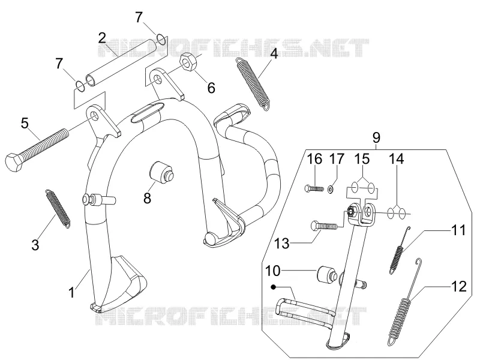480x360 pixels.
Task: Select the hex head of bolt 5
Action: tap(14, 161)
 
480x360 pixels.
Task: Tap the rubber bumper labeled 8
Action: tap(161, 173)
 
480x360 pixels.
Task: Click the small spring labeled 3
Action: tap(58, 209)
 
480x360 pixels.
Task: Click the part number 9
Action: tap(376, 137)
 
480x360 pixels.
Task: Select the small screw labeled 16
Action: tap(314, 188)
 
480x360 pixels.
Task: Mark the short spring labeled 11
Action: tap(399, 250)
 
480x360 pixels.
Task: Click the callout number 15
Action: tap(362, 159)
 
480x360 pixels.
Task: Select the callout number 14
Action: tap(397, 159)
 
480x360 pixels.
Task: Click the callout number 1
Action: tap(71, 292)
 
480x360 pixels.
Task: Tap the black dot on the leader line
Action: tap(273, 287)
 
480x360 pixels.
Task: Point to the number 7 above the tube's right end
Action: tap(139, 17)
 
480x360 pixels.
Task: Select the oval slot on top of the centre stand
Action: tap(148, 113)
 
